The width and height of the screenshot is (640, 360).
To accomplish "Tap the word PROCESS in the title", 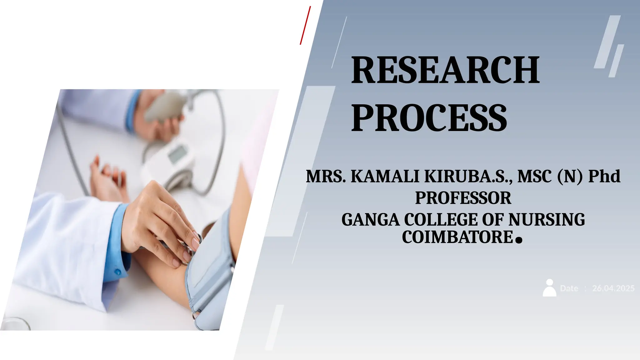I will (x=429, y=118).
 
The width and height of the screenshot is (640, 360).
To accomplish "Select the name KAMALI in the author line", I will (x=385, y=176).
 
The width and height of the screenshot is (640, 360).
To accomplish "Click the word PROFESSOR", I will (x=463, y=198).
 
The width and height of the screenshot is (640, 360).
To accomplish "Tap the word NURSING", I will (x=547, y=220).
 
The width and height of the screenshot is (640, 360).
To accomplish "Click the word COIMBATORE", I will (x=457, y=237).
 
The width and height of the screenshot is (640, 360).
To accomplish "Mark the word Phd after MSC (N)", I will (x=604, y=176).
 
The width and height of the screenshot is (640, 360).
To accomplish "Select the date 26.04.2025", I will (x=613, y=288).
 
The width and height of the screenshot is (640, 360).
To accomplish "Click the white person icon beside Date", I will (x=549, y=288).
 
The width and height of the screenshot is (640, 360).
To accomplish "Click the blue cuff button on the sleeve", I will (x=118, y=272).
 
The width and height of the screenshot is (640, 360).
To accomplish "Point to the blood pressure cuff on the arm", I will (x=209, y=275).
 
